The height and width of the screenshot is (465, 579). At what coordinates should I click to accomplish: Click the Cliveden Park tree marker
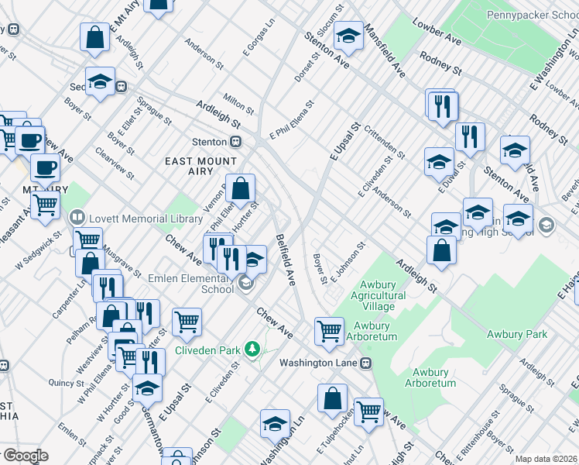[252, 350]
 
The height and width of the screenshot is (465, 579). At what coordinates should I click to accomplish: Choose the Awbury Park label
[516, 334]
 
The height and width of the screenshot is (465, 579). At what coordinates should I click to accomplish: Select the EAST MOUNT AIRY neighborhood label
[197, 167]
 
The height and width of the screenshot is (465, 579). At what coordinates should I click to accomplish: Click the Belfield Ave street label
[286, 260]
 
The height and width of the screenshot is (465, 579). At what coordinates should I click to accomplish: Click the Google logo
[25, 456]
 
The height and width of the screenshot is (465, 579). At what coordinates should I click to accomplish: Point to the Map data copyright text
[546, 459]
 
